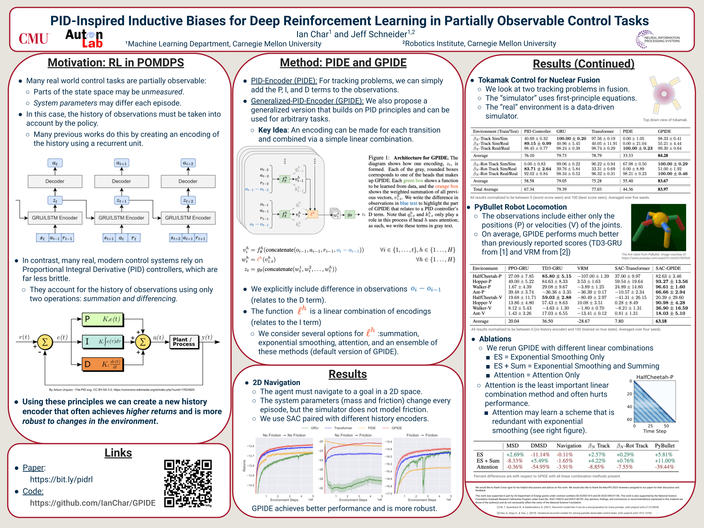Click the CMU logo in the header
tap(34, 39)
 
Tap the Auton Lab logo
tap(84, 39)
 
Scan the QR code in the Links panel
tap(188, 483)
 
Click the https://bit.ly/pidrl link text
tap(61, 479)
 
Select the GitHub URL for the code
tap(93, 503)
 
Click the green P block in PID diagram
tap(103, 319)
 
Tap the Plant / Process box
tap(184, 342)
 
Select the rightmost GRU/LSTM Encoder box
tap(188, 218)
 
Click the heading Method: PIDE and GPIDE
tap(343, 63)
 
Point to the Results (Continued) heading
tap(583, 64)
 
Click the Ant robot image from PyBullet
tap(658, 228)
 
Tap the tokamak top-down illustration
tap(664, 95)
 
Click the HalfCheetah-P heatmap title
tap(654, 377)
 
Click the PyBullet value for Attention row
tap(664, 467)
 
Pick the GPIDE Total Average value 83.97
tap(663, 189)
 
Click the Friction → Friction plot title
tap(422, 435)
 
